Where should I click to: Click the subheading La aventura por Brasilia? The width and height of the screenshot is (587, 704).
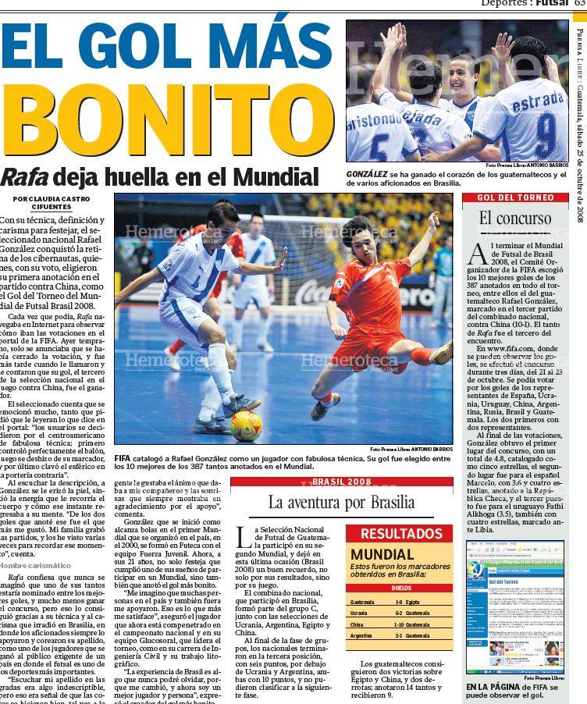[341, 502]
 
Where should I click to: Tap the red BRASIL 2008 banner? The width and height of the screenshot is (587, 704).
[342, 482]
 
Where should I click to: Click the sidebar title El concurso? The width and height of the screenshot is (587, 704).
[507, 218]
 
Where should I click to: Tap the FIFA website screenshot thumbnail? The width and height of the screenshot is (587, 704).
[514, 606]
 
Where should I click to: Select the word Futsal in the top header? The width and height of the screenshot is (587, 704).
[551, 4]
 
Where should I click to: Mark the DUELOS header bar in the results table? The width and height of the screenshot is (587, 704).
[399, 588]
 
